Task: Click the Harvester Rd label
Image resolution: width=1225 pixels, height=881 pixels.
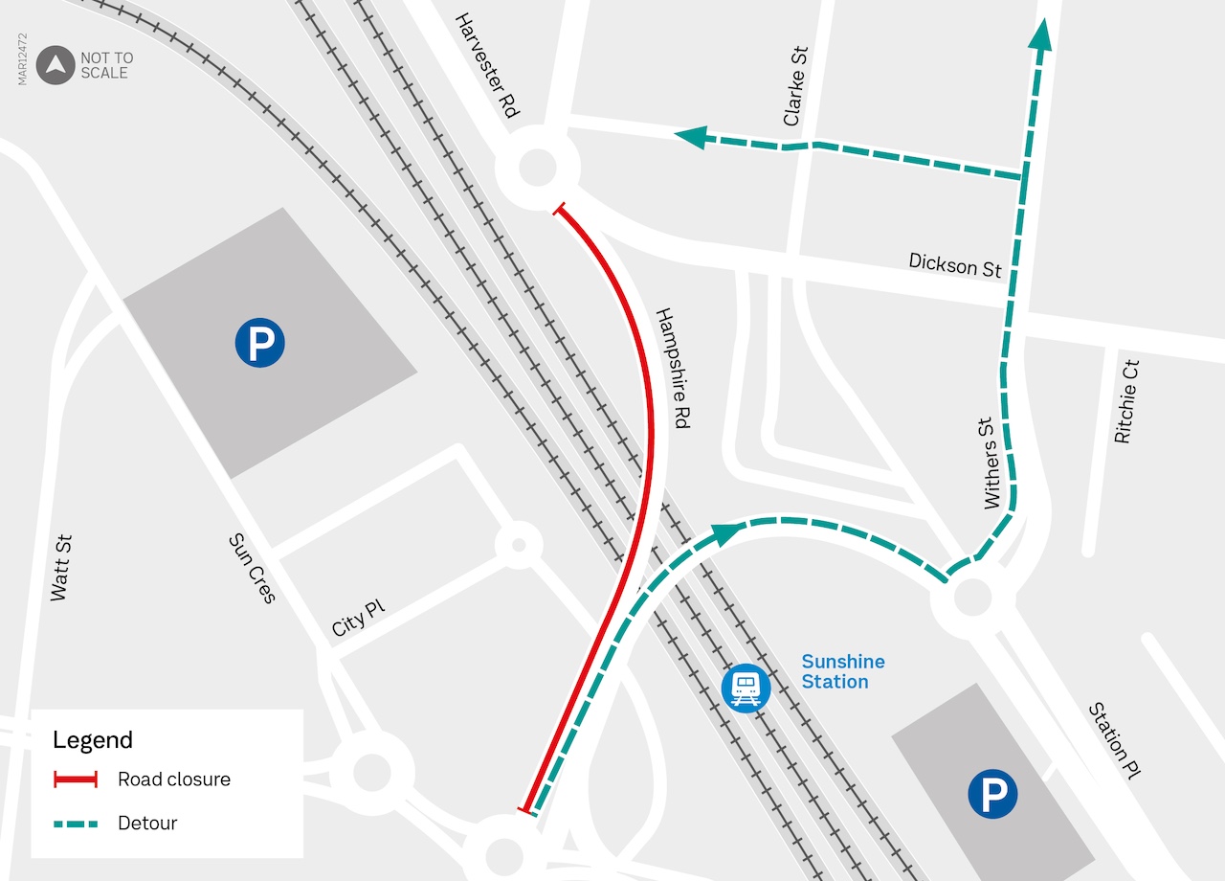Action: pyautogui.click(x=487, y=65)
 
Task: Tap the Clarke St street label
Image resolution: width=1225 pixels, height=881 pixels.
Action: pyautogui.click(x=795, y=86)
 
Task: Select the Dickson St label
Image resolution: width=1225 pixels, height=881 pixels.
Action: pyautogui.click(x=955, y=265)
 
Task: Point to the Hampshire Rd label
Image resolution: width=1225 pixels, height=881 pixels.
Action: pyautogui.click(x=673, y=368)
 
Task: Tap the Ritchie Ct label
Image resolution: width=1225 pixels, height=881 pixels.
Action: pyautogui.click(x=1127, y=401)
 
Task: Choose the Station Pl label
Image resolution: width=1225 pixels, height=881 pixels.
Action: pyautogui.click(x=1116, y=740)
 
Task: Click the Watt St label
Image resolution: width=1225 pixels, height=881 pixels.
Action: pyautogui.click(x=60, y=568)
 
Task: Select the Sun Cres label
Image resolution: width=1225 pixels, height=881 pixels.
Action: pyautogui.click(x=252, y=569)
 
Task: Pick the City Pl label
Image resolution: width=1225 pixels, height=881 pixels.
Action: pyautogui.click(x=358, y=620)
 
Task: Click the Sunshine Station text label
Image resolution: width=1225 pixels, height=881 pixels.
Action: pyautogui.click(x=842, y=671)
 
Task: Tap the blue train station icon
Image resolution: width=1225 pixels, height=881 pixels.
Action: pyautogui.click(x=746, y=688)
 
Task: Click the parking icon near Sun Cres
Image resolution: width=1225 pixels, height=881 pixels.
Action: pyautogui.click(x=260, y=342)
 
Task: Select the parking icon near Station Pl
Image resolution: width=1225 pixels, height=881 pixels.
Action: pyautogui.click(x=992, y=794)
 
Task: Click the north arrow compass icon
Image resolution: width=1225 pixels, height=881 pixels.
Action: pyautogui.click(x=56, y=65)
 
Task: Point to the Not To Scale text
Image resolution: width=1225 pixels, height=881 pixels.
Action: pyautogui.click(x=106, y=65)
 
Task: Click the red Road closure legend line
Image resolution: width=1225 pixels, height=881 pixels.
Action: pyautogui.click(x=75, y=779)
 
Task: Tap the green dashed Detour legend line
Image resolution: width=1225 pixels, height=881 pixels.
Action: pyautogui.click(x=75, y=823)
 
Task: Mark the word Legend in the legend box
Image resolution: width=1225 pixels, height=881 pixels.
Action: pyautogui.click(x=93, y=739)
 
